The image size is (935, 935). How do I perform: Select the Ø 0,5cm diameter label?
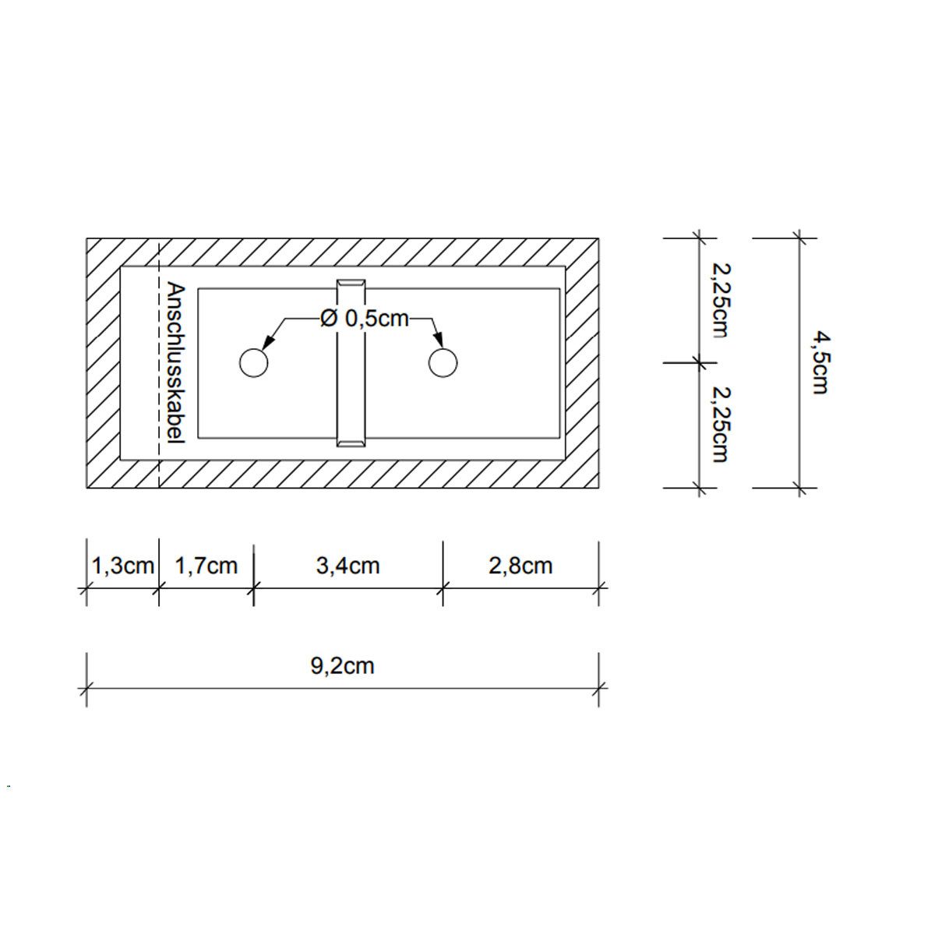coord(365,319)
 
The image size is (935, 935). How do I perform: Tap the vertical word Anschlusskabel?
coord(175,363)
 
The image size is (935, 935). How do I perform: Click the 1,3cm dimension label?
coord(123,566)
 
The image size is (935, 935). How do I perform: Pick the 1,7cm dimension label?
coord(206,566)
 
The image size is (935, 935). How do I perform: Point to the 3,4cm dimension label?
coord(348,566)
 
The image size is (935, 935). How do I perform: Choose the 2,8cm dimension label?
coord(520,566)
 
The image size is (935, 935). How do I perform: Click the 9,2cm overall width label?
coord(343,666)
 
